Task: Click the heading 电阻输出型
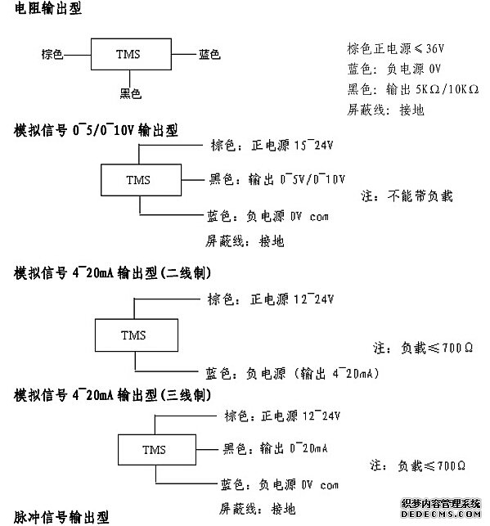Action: pyautogui.click(x=48, y=11)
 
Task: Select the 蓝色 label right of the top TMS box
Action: pyautogui.click(x=209, y=55)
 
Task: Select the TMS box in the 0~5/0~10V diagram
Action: pyautogui.click(x=139, y=180)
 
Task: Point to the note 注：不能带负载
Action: pyautogui.click(x=407, y=196)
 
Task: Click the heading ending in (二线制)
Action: pyautogui.click(x=114, y=272)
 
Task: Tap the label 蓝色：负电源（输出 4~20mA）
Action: pyautogui.click(x=291, y=373)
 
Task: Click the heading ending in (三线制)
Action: pyautogui.click(x=114, y=395)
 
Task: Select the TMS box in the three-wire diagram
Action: pyautogui.click(x=154, y=450)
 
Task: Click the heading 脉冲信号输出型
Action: pyautogui.click(x=61, y=517)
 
